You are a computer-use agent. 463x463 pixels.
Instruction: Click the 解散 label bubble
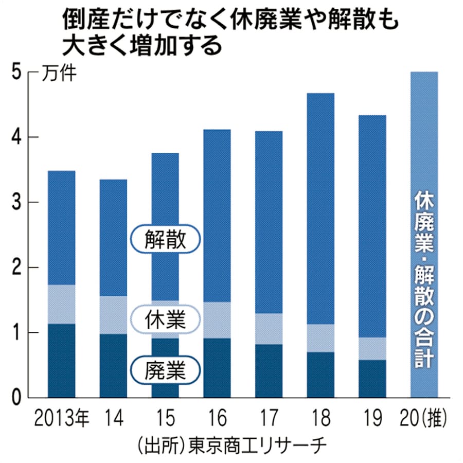coord(165,239)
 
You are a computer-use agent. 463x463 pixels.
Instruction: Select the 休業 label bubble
coord(165,319)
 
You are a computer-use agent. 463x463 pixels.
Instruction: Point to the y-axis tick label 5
coord(16,73)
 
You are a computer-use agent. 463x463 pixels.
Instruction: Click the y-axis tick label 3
coord(16,202)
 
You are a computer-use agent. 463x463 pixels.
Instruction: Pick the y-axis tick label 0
coord(16,398)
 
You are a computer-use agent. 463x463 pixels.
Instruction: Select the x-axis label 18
coord(320,418)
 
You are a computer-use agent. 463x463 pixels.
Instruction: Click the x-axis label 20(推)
coord(424,418)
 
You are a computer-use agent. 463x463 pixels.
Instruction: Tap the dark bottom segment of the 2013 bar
coord(62,360)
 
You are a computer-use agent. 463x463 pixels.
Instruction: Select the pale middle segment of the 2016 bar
coord(217,320)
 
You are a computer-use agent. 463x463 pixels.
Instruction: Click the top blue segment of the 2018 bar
coord(320,206)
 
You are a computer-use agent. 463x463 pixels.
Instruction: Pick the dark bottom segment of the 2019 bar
coord(372,379)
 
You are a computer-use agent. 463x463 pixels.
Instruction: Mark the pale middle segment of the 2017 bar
coord(269,329)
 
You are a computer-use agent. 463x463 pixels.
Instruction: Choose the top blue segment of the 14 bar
coord(113,237)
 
